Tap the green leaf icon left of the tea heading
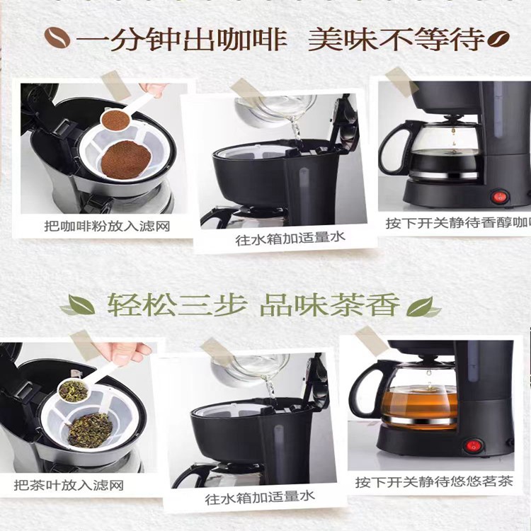(78, 307)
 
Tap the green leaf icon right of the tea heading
(424, 307)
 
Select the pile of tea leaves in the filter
(90, 429)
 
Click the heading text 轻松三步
(177, 307)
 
